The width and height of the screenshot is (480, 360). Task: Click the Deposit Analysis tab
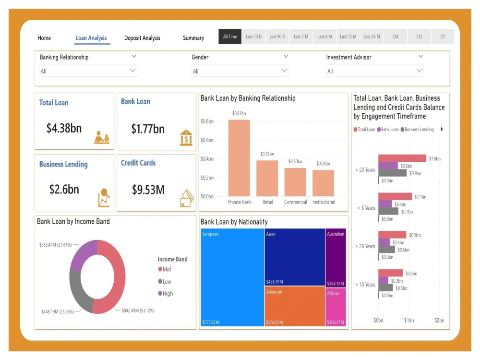tap(142, 38)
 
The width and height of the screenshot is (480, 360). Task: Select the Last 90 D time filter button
tap(277, 37)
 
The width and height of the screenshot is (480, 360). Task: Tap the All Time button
tap(230, 37)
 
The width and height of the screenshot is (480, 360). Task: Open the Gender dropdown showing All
tap(240, 71)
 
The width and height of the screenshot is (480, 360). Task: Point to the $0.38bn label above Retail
tap(267, 154)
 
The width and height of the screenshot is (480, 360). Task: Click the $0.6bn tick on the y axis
tap(207, 140)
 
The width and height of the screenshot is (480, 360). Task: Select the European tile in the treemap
tap(232, 277)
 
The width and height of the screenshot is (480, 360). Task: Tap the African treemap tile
tap(336, 307)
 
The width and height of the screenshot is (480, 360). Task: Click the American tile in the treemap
tap(294, 306)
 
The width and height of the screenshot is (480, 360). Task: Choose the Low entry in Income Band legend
tap(167, 282)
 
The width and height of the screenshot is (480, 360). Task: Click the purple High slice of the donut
tap(83, 253)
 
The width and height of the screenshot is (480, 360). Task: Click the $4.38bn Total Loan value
tap(64, 128)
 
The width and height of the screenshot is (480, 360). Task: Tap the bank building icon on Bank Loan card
tap(186, 137)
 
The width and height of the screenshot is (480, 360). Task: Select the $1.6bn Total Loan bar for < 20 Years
tap(402, 158)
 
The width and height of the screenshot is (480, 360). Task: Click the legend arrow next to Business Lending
tap(442, 129)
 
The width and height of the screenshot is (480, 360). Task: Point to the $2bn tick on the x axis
tap(439, 321)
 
